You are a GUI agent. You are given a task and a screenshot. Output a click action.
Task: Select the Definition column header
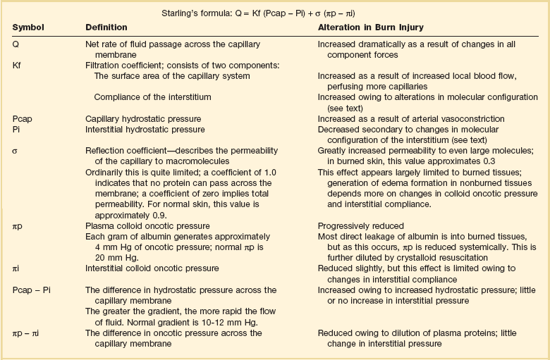106,27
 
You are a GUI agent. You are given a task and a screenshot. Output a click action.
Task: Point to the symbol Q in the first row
16,44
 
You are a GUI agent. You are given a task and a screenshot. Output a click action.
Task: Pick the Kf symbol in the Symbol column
18,65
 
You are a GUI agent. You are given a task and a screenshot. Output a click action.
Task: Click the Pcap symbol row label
23,119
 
